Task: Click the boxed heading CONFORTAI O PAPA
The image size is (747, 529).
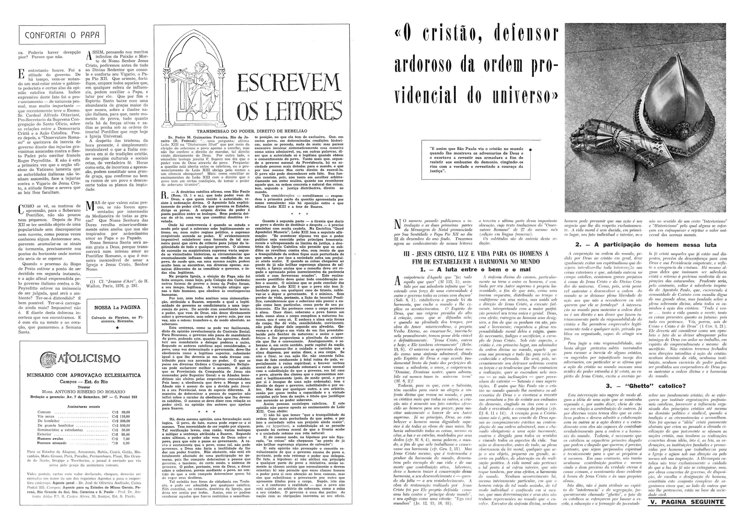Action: pos(62,35)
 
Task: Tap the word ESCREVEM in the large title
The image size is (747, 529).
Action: pos(289,83)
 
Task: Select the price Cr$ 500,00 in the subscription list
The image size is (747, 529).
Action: pos(121,425)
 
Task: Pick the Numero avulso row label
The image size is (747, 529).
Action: pos(50,438)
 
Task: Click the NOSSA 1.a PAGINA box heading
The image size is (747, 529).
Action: pos(117,307)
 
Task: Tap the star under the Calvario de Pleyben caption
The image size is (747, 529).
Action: pos(117,327)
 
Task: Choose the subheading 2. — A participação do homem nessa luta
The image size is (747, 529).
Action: pos(646,245)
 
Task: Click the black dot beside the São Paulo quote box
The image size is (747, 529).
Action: pos(531,150)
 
